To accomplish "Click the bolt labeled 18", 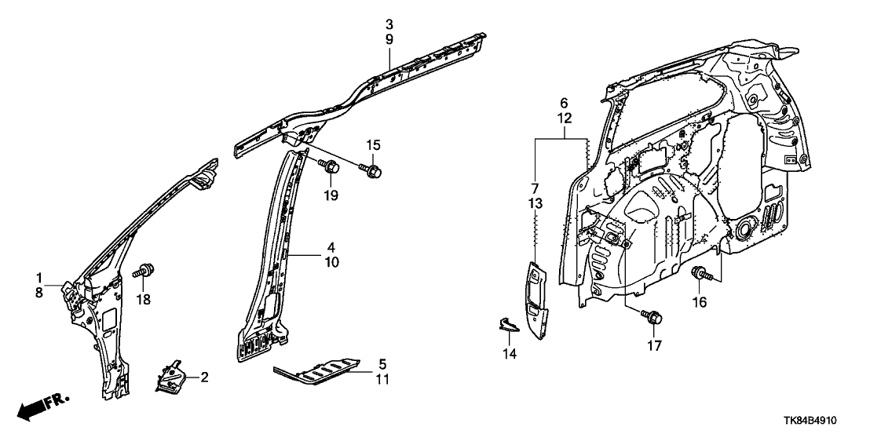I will click(x=144, y=272).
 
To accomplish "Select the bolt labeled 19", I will click(x=330, y=166).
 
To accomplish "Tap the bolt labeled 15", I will click(x=372, y=167).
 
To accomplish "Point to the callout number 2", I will click(x=205, y=377).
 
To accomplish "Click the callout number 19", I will click(x=331, y=195).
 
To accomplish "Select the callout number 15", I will click(x=372, y=144).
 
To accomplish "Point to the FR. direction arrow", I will click(x=43, y=407).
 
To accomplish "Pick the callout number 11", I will click(x=382, y=380).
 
